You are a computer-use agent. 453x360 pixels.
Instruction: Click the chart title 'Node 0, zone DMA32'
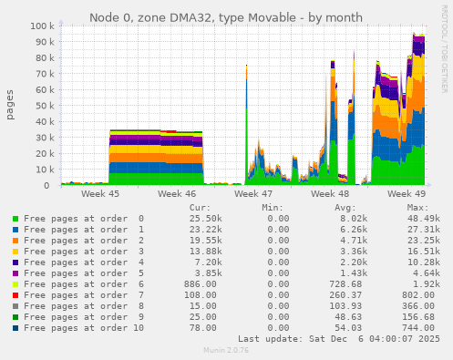click(x=225, y=17)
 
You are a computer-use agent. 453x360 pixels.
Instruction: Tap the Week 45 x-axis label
click(x=100, y=194)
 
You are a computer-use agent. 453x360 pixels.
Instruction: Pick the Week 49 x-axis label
click(x=407, y=194)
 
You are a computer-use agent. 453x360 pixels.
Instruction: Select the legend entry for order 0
click(x=77, y=219)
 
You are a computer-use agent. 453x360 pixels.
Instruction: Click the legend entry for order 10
click(x=77, y=328)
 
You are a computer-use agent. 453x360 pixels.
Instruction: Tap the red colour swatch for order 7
click(x=15, y=295)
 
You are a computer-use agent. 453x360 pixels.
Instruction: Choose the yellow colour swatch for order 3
click(x=15, y=252)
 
